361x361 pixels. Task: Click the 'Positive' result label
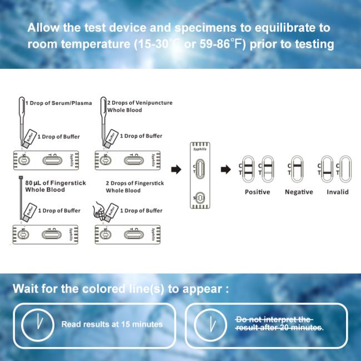[x=257, y=192]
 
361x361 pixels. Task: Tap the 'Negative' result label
[x=299, y=192]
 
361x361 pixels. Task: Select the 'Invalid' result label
[x=338, y=192]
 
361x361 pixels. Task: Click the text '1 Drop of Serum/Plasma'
[x=59, y=103]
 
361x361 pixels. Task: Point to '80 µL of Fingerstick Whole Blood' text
[x=56, y=186]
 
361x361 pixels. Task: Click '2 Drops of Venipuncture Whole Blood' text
[x=140, y=106]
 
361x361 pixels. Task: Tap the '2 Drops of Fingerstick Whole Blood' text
[x=135, y=187]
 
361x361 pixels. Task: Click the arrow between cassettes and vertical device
[x=176, y=170]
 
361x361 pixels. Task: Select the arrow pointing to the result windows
[x=225, y=170]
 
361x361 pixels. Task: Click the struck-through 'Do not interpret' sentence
[x=279, y=323]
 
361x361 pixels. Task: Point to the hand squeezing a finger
[x=98, y=211]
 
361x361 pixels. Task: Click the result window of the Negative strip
[x=297, y=169]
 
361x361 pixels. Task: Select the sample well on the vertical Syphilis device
[x=200, y=198]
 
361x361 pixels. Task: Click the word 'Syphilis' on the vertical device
[x=200, y=149]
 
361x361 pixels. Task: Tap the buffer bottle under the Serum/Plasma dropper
[x=28, y=138]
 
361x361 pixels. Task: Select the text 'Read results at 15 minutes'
[x=112, y=324]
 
